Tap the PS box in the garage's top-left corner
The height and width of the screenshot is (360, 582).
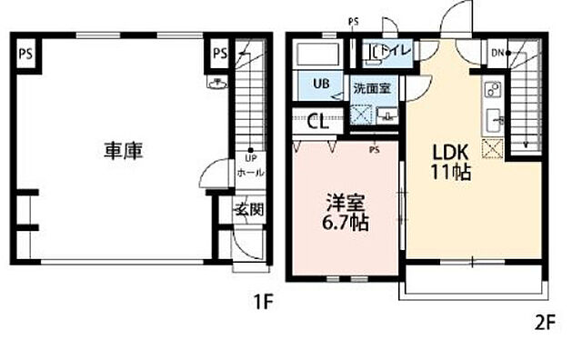(25, 53)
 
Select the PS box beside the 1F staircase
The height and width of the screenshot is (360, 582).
(219, 53)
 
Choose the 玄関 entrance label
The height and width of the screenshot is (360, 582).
(249, 208)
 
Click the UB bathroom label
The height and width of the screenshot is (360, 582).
(322, 84)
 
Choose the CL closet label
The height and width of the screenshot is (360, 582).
(318, 121)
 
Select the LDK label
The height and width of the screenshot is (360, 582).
(449, 151)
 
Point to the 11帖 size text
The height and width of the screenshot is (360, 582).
(450, 171)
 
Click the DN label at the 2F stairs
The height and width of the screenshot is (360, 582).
(498, 53)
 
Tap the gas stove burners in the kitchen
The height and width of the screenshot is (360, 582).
(494, 90)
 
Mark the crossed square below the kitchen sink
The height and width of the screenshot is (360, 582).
(494, 150)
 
